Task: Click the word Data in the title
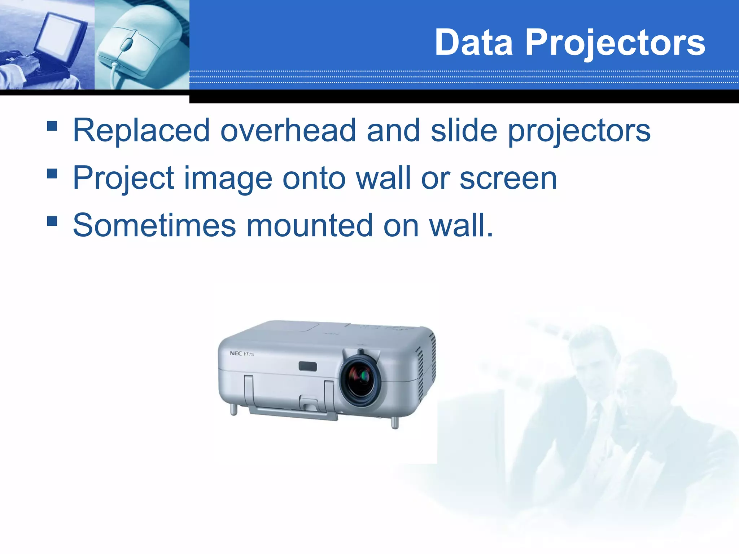click(473, 43)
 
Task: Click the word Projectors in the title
click(615, 43)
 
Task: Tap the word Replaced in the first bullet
click(141, 131)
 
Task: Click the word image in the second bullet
click(228, 179)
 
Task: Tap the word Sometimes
click(154, 226)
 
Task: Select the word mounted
click(309, 226)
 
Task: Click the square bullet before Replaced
click(52, 126)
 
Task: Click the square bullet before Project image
click(52, 173)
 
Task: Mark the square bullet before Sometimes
click(52, 221)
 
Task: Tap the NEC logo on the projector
click(236, 353)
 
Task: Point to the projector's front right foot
click(395, 422)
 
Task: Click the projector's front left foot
click(234, 409)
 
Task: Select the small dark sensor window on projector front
click(307, 366)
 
